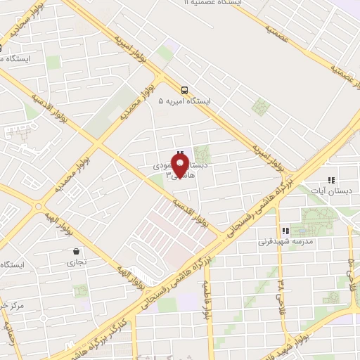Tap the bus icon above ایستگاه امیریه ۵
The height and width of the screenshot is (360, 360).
pos(184,90)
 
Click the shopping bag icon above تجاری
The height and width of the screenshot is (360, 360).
pos(75,251)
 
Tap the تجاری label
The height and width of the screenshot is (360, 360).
pos(75,263)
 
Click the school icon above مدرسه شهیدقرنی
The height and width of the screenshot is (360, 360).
pos(285,231)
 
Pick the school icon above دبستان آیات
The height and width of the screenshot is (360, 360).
pos(331,181)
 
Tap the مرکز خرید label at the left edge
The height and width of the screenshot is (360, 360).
pos(13,305)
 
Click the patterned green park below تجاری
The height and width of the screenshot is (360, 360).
pos(79,290)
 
